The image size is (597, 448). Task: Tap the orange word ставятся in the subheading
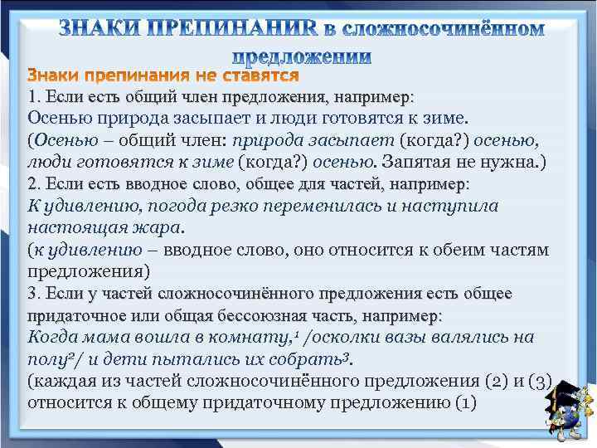pos(259,75)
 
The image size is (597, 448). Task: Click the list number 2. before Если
pos(35,183)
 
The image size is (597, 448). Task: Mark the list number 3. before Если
pos(35,294)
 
